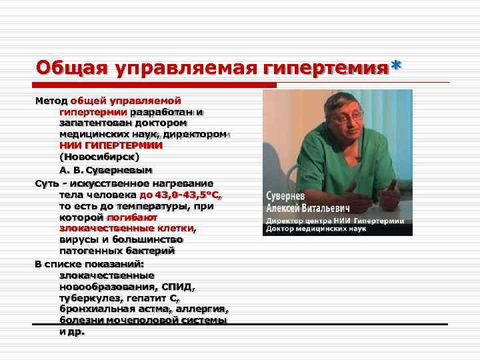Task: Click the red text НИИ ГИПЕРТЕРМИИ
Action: pos(111,145)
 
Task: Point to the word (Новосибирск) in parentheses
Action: pos(99,156)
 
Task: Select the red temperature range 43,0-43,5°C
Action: pos(181,195)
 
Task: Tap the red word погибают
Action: pos(131,217)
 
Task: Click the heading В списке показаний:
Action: pos(84,263)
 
